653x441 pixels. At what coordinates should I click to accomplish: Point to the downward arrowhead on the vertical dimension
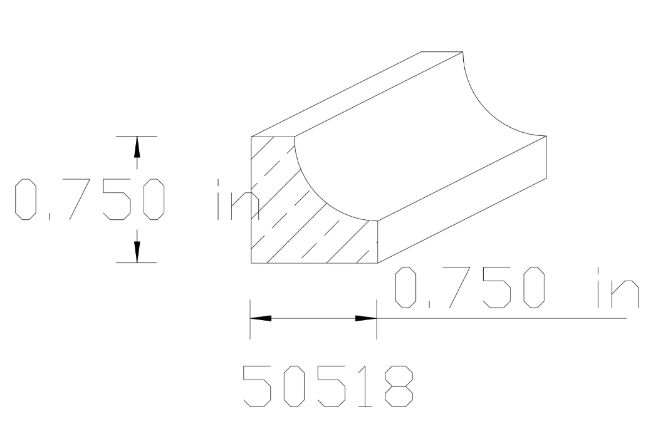[x=137, y=251]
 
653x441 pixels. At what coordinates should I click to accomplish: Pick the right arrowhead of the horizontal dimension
[x=365, y=318]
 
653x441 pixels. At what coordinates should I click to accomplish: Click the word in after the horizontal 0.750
[x=617, y=288]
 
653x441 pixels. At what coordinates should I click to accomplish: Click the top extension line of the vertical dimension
[x=137, y=136]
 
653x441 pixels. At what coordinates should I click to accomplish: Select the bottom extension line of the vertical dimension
[x=137, y=262]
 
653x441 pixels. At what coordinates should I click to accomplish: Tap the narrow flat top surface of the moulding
[x=357, y=94]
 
